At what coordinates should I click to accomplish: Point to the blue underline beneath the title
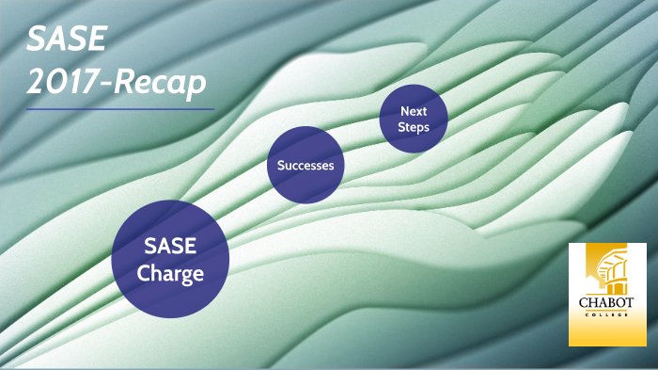(119, 109)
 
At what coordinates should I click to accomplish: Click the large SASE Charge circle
(170, 259)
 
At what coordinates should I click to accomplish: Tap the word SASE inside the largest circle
(170, 247)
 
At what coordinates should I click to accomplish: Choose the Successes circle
(305, 166)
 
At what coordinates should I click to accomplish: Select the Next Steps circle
(414, 119)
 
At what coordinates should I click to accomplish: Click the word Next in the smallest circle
(414, 111)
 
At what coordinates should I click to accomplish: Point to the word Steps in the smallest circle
(414, 127)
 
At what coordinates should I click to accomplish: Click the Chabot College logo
(607, 294)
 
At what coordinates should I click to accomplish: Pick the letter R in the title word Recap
(121, 83)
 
